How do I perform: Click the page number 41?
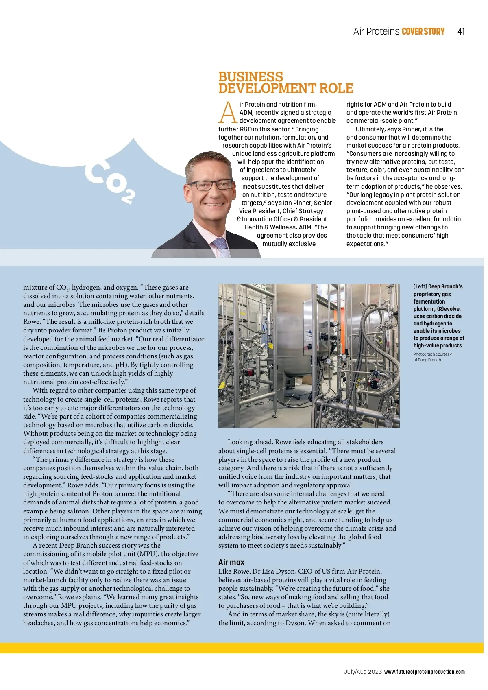click(461, 31)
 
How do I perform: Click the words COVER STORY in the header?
click(423, 31)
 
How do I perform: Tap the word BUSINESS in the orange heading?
click(251, 76)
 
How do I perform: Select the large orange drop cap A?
click(228, 113)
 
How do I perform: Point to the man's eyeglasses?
click(209, 186)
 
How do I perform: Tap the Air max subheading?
click(231, 562)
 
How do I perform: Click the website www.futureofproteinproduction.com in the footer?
click(424, 672)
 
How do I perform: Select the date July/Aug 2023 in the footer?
click(363, 672)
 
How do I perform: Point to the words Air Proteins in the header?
click(376, 31)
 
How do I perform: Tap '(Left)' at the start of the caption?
click(420, 287)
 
